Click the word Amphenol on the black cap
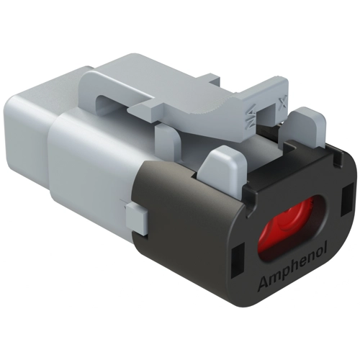293,267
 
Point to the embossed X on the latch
283,103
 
